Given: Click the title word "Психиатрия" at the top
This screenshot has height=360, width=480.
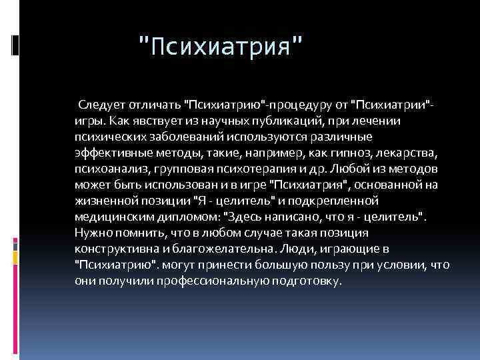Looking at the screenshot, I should [219, 47].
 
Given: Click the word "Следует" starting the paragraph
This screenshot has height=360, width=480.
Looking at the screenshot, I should [101, 105].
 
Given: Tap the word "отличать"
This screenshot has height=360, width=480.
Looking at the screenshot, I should [152, 105].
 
